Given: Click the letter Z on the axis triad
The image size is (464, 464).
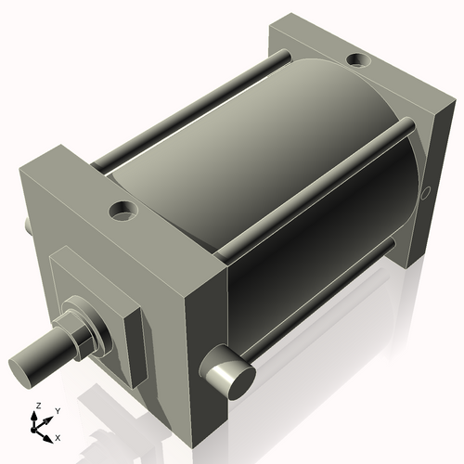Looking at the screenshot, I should click(x=37, y=406).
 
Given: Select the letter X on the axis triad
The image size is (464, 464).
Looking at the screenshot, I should click(x=58, y=436).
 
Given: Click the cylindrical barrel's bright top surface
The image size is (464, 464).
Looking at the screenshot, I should click(x=241, y=130).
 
